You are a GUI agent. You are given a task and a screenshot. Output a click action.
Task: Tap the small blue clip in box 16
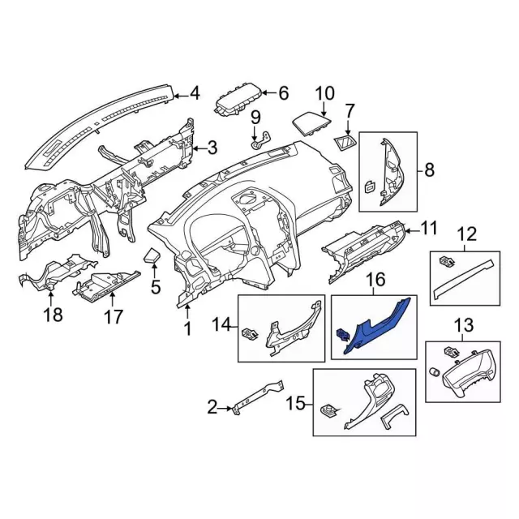343,335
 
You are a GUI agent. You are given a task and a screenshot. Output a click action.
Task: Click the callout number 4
195,93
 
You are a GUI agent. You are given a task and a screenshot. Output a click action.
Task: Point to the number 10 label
325,94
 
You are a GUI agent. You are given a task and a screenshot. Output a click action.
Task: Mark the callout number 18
53,314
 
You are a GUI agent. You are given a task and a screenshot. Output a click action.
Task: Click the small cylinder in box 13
435,372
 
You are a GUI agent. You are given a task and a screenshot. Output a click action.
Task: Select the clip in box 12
446,262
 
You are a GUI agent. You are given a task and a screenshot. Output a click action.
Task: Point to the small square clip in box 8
370,187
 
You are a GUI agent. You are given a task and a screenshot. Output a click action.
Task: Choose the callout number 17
114,317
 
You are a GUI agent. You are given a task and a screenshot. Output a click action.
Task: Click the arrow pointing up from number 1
187,311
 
